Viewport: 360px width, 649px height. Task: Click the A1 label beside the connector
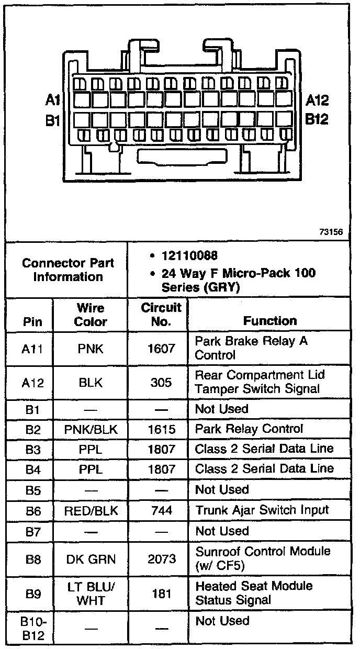pos(53,100)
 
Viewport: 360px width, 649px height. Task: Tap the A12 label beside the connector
pos(317,100)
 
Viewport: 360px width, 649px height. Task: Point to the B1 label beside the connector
pos(53,121)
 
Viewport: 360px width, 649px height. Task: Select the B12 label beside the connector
pos(317,119)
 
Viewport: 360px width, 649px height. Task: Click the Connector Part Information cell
pos(68,270)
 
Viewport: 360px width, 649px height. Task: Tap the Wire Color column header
pos(90,315)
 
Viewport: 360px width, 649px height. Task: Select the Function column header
pos(270,320)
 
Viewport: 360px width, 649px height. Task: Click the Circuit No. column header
pos(161,314)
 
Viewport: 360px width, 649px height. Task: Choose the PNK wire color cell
pos(90,348)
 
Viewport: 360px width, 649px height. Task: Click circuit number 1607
pos(161,348)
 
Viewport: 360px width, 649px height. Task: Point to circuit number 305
pos(161,383)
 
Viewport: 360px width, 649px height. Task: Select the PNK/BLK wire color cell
pos(90,429)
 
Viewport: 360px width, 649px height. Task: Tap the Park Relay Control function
pos(249,429)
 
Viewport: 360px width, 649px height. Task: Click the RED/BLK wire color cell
pos(90,510)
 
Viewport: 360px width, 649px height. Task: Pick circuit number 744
pos(161,510)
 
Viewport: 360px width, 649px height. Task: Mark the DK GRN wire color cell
pos(90,559)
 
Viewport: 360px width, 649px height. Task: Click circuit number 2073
pos(161,559)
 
